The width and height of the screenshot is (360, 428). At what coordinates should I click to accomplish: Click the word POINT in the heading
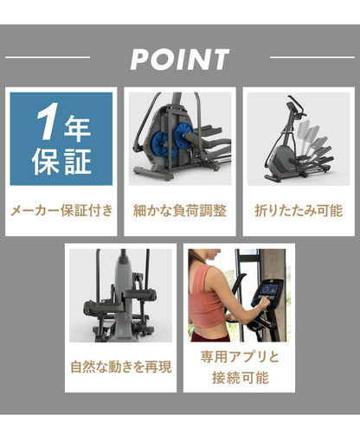click(180, 60)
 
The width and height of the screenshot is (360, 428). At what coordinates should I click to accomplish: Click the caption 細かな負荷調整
click(179, 210)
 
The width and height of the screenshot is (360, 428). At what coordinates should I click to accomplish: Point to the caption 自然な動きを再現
click(121, 366)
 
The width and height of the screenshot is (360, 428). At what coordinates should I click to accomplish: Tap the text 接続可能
click(240, 378)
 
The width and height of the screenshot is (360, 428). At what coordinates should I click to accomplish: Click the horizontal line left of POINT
click(48, 58)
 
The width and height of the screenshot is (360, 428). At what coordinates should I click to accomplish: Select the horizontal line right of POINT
click(312, 58)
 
